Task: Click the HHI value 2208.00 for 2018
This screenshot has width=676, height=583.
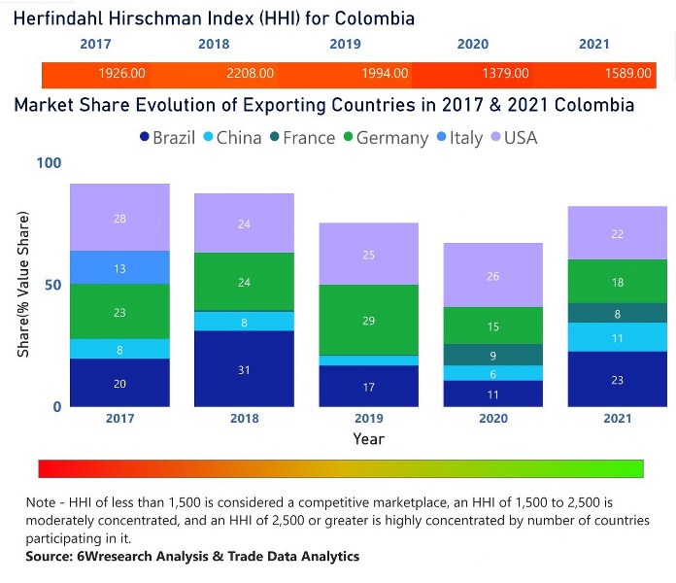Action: [x=250, y=74]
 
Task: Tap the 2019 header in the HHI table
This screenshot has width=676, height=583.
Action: [x=345, y=44]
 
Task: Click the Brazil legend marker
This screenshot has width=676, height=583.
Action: [x=144, y=138]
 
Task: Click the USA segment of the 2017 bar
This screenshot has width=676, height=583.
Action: [x=119, y=218]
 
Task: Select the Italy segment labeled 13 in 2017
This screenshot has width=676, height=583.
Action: [x=119, y=267]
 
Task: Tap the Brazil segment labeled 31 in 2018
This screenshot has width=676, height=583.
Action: [x=244, y=368]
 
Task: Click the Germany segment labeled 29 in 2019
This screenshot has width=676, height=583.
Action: [x=367, y=320]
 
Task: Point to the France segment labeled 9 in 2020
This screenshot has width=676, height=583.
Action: [x=491, y=355]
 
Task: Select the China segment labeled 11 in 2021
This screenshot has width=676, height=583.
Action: [x=617, y=337]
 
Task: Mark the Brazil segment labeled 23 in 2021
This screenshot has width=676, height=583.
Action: [x=617, y=379]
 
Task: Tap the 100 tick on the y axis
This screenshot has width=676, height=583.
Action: [x=48, y=162]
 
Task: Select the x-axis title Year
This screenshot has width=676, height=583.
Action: [x=368, y=439]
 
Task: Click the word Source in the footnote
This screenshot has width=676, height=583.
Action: [x=49, y=557]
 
